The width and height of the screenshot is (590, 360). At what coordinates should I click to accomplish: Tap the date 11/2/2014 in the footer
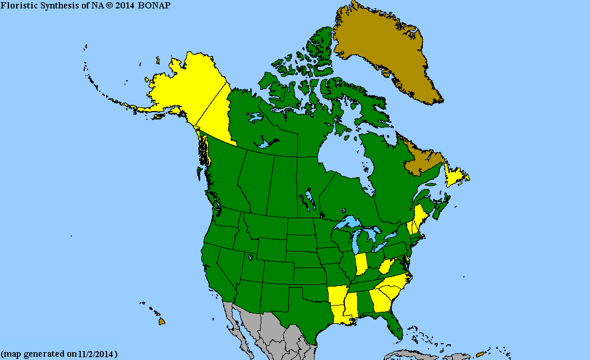coord(96,354)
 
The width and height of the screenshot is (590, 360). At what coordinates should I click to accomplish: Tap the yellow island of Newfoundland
coord(455,177)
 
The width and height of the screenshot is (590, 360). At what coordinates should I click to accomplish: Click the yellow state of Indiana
coord(362,264)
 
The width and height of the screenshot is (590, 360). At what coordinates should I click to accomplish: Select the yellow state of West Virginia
coord(387,266)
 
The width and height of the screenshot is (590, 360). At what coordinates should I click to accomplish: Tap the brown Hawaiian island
coord(162,321)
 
